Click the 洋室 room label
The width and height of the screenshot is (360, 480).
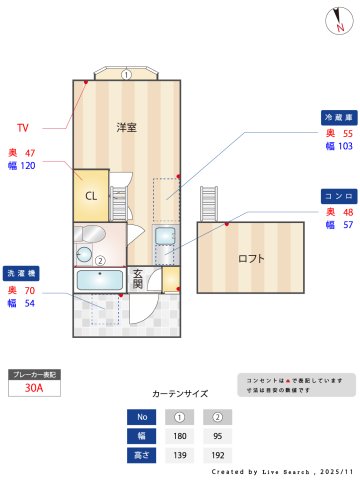point(126,128)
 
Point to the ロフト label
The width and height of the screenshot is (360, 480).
point(251,258)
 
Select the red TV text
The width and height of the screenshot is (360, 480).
point(23,128)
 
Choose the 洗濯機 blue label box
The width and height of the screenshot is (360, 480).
point(21,272)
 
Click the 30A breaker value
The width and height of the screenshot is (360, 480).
point(35,389)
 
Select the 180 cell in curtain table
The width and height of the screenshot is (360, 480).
point(179,436)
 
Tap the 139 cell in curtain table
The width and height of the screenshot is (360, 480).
point(179,455)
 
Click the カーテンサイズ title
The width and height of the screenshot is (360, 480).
point(180,394)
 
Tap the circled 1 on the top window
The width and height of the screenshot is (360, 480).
point(126,74)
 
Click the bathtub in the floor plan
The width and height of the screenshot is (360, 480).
point(99,280)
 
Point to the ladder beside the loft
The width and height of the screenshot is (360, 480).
point(209,205)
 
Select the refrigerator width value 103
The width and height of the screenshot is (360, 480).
point(346,146)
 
